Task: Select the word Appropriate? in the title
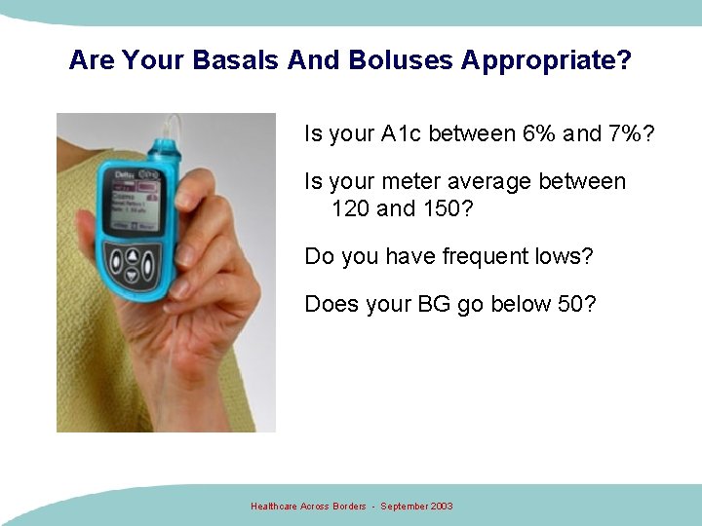coord(546,60)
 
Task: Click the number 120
coord(351,208)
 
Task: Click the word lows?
coord(565,256)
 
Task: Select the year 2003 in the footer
coord(440,507)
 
